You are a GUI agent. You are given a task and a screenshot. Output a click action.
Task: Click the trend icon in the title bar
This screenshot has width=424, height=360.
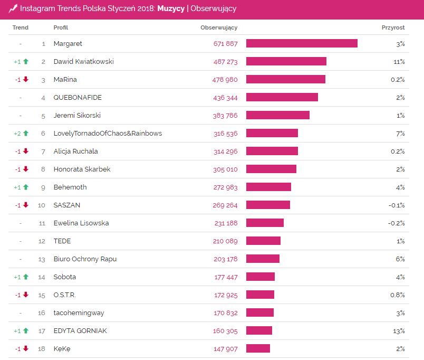[x=13, y=8]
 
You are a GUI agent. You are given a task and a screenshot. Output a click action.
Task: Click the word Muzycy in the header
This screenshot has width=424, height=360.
[x=171, y=8]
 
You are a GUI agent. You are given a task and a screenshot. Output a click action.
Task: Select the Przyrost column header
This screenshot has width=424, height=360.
[x=393, y=27]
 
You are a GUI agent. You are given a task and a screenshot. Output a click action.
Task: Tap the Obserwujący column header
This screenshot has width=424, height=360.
[x=219, y=27]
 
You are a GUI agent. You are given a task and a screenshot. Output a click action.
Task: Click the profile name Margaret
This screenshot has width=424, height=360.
[x=68, y=44]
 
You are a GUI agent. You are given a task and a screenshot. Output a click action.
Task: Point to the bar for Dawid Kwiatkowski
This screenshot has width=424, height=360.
[x=286, y=62]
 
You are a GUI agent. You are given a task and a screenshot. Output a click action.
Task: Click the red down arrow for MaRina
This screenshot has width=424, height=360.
[x=25, y=80]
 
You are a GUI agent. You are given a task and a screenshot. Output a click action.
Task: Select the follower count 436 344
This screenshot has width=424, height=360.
[x=226, y=98]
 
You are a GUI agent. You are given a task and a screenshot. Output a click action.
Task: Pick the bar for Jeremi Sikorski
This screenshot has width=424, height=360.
[x=277, y=116]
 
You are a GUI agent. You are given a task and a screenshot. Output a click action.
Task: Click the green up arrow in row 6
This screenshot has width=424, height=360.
[x=25, y=134]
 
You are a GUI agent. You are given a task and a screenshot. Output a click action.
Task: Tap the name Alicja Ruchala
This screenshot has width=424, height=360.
[x=75, y=151]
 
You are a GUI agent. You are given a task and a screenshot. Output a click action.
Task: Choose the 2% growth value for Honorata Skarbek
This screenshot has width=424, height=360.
[x=400, y=169]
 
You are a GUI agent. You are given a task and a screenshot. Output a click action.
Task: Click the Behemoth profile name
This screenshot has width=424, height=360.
[x=70, y=187]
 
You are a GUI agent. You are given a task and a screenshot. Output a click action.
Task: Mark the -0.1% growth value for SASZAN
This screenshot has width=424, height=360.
[x=397, y=205]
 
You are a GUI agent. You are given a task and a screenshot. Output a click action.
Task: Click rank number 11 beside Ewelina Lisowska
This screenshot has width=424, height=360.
[x=42, y=223]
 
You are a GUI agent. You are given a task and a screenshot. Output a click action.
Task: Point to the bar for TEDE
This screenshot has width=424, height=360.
[x=263, y=241]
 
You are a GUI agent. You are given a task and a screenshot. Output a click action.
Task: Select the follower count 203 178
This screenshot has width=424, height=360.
[x=226, y=259]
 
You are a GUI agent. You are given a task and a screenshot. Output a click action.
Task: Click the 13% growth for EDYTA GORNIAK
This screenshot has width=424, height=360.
[x=399, y=331]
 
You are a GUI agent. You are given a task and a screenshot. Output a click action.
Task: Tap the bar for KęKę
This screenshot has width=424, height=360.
[x=258, y=349]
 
